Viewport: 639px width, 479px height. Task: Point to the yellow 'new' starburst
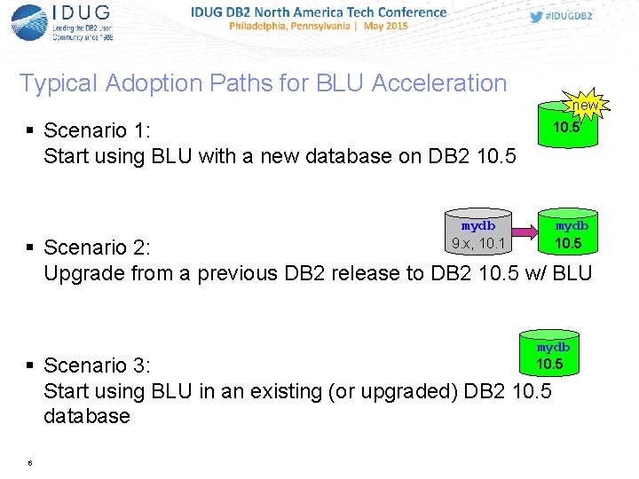[584, 106]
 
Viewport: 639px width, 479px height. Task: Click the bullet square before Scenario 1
[29, 132]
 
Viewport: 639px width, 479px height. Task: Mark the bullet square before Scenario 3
[29, 366]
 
